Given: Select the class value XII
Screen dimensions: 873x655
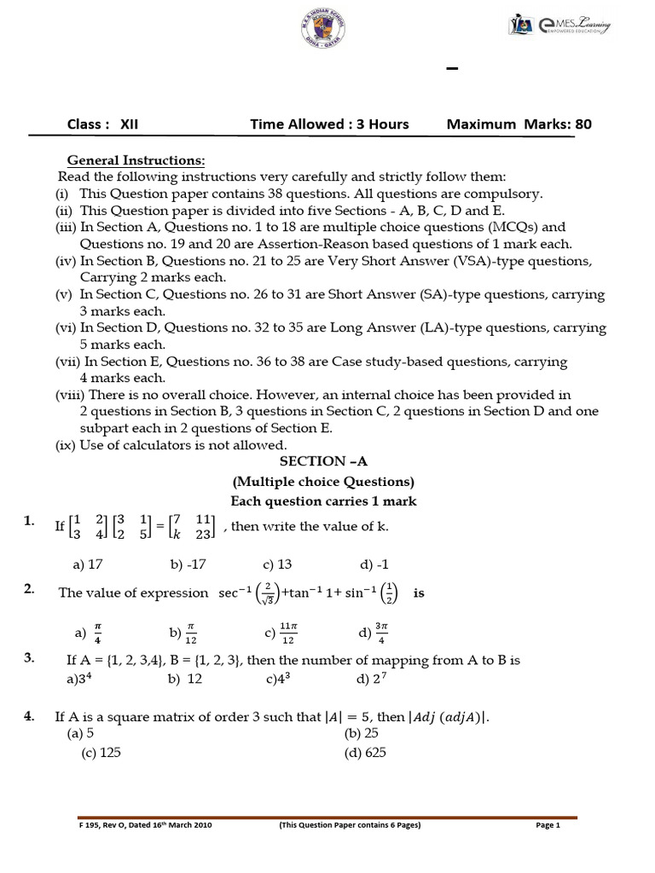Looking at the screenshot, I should click(129, 124).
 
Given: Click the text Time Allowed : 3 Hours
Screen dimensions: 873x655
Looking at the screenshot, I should click(329, 124).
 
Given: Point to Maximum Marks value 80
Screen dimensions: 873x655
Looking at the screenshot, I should click(583, 124).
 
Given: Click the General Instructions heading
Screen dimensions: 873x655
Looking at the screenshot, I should click(136, 160).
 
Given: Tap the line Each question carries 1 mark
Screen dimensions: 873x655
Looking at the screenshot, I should click(323, 501).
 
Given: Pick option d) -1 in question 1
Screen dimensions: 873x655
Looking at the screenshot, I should click(373, 564).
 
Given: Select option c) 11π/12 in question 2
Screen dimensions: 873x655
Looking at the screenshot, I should click(281, 633).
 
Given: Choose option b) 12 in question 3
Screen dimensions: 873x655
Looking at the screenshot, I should click(184, 679).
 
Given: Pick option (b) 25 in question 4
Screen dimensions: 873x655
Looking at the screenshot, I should click(361, 733).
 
